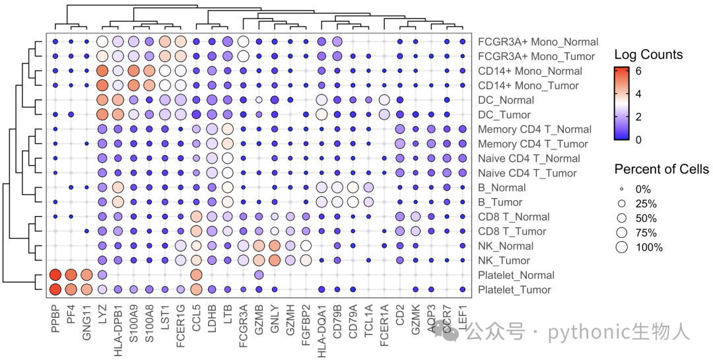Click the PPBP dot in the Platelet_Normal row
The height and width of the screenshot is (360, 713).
click(x=55, y=275)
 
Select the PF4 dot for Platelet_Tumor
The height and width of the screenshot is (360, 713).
click(x=71, y=289)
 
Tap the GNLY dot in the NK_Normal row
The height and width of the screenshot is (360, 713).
click(x=275, y=246)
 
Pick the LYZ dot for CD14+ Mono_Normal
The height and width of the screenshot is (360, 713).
click(x=102, y=71)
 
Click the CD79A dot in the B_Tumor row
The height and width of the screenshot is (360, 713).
click(x=353, y=202)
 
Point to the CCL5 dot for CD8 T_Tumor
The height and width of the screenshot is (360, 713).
click(x=197, y=231)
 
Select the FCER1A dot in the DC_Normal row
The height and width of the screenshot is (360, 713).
click(x=384, y=100)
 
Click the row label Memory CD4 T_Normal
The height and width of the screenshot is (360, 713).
click(x=535, y=129)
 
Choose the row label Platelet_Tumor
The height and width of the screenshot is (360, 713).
click(x=514, y=290)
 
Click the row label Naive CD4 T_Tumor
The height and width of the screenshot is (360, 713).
click(x=527, y=174)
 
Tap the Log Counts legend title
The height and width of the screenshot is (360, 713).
click(x=648, y=55)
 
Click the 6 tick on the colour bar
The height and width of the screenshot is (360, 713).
click(x=638, y=71)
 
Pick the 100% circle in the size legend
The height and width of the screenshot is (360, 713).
click(x=622, y=248)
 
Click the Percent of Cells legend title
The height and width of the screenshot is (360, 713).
click(x=662, y=169)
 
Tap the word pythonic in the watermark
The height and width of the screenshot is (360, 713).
click(x=583, y=333)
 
